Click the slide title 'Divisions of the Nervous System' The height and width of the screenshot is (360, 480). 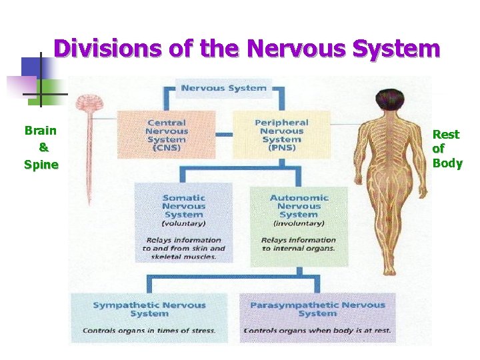pyautogui.click(x=247, y=49)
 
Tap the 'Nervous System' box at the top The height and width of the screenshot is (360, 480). pyautogui.click(x=223, y=87)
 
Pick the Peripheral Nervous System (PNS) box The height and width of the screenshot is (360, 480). pyautogui.click(x=281, y=135)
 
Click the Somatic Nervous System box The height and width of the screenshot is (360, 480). pyautogui.click(x=183, y=224)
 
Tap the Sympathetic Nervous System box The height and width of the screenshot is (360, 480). pyautogui.click(x=149, y=317)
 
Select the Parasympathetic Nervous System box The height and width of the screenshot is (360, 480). pyautogui.click(x=317, y=317)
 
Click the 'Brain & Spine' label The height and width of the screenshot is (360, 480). pyautogui.click(x=41, y=147)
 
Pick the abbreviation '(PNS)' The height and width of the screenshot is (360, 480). pyautogui.click(x=281, y=148)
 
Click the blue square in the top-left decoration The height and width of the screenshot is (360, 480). pyautogui.click(x=31, y=67)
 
